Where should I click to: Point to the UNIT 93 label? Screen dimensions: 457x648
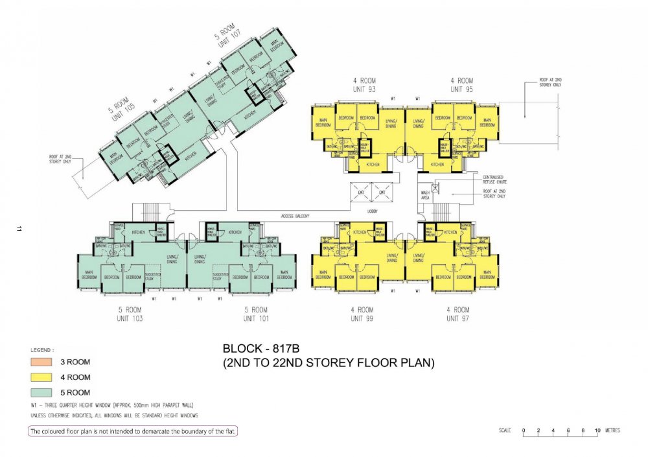(364, 89)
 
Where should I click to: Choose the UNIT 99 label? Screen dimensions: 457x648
(362, 318)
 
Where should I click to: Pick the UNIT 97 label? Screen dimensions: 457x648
(457, 318)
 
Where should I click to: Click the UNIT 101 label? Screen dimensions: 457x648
(255, 318)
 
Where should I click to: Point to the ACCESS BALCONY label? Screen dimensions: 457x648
(295, 216)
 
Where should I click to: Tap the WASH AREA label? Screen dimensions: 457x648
(426, 194)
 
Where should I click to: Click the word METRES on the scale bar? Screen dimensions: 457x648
(611, 430)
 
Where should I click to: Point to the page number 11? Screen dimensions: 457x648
(20, 229)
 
